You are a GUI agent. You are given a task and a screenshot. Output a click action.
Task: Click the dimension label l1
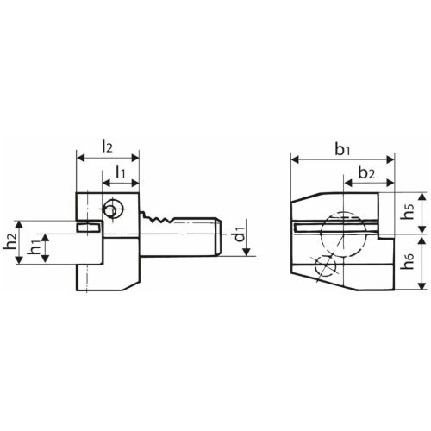pyautogui.click(x=121, y=172)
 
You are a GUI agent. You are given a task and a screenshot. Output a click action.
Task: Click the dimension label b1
pyautogui.click(x=342, y=148)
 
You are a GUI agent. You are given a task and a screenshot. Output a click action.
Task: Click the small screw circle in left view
pyautogui.click(x=111, y=208)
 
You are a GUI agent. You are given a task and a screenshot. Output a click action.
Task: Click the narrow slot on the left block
pyautogui.click(x=89, y=228)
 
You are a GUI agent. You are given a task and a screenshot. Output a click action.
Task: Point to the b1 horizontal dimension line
pyautogui.click(x=342, y=159)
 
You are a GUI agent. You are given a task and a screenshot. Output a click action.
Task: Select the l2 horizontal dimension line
pyautogui.click(x=107, y=159)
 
